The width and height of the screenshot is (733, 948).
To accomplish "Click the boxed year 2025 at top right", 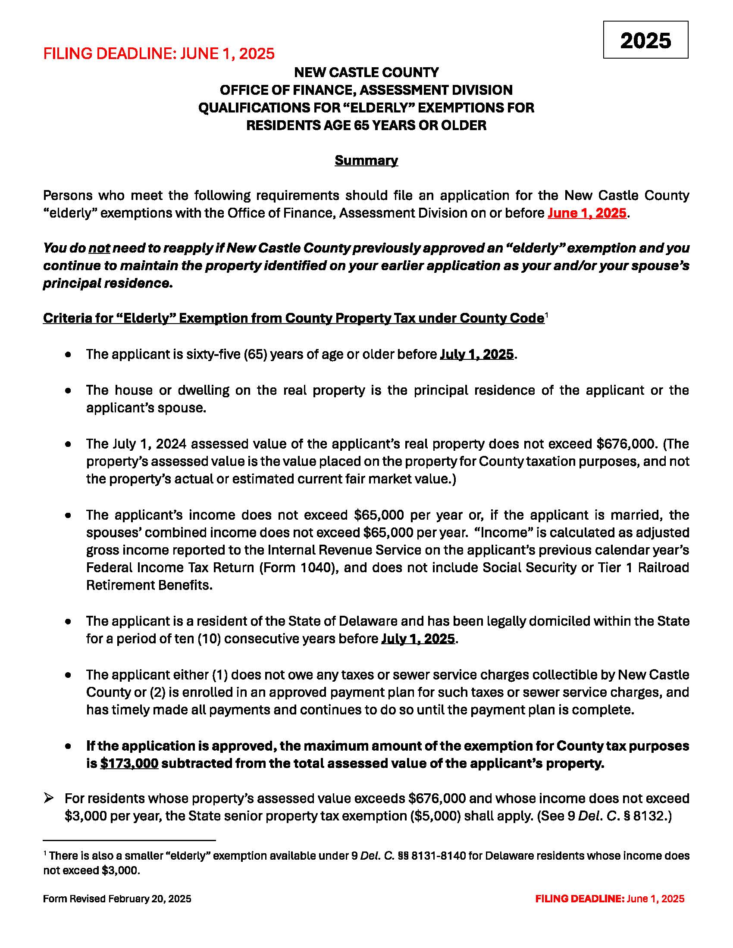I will click(645, 41).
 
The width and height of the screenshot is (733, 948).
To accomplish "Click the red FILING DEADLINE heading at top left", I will click(159, 53).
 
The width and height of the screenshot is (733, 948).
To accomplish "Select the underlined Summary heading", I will click(366, 160).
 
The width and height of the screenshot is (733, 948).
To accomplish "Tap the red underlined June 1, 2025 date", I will click(587, 213).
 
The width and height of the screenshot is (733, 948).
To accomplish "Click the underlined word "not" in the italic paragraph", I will click(99, 248).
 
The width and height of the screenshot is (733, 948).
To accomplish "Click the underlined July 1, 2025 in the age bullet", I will click(477, 354).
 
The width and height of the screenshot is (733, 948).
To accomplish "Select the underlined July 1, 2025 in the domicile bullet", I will click(418, 639).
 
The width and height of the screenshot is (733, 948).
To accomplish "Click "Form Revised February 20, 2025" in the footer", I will click(117, 898).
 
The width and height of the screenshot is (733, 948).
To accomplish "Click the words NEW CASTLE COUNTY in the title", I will click(366, 72).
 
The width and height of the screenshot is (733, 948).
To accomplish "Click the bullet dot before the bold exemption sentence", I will click(68, 746).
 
